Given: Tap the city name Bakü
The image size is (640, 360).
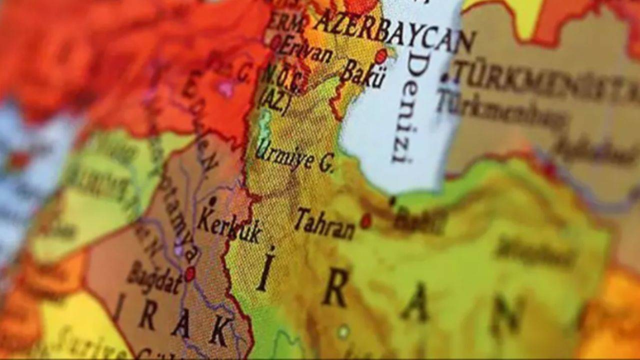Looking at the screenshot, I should tap(363, 74).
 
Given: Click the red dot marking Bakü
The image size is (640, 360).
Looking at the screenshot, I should tap(381, 56).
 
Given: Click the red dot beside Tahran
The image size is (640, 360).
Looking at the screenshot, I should tap(366, 220).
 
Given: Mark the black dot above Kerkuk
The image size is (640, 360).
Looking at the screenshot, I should tap(213, 201).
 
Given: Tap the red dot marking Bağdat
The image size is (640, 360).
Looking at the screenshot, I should tap(189, 273).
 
